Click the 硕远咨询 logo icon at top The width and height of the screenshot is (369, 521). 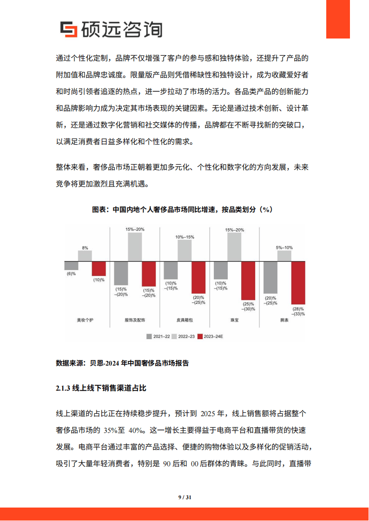[x=70, y=29]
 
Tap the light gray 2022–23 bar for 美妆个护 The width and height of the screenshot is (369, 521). [x=85, y=256]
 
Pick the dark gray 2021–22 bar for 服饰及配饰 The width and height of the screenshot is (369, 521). [x=121, y=273]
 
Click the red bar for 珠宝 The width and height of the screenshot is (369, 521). [x=248, y=280]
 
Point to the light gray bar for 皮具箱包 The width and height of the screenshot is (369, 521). [x=184, y=251]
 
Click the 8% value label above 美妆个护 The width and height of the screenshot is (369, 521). [x=85, y=248]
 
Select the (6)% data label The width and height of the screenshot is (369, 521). [x=71, y=274]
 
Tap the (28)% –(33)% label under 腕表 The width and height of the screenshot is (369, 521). [x=298, y=311]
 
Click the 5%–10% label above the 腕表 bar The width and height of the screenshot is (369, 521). [x=284, y=248]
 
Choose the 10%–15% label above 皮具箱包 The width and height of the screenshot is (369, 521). [x=184, y=237]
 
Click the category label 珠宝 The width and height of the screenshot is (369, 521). [x=234, y=320]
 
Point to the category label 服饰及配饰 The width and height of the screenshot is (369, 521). [x=135, y=320]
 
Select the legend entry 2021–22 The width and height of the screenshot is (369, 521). [x=158, y=336]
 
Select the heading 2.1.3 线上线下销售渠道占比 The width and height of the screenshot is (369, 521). [x=101, y=387]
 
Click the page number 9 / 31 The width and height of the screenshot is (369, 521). [x=184, y=497]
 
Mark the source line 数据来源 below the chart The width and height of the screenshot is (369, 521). [x=122, y=363]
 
